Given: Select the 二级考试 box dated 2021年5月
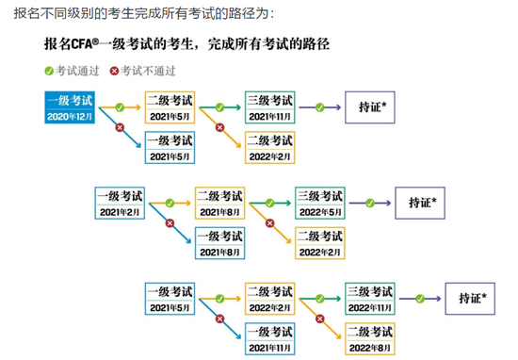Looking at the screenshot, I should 170,107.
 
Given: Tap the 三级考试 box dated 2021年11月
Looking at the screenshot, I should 271,107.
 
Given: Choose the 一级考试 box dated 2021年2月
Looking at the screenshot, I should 120,203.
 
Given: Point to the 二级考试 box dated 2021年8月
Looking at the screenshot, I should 220,203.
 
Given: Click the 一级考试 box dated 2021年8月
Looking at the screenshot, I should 220,243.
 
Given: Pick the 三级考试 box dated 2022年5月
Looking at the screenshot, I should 321,203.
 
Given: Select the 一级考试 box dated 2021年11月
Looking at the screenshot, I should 269,337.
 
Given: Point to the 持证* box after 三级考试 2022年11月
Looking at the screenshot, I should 472,298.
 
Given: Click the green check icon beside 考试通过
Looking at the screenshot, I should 49,71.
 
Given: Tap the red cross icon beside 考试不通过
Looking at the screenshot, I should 115,71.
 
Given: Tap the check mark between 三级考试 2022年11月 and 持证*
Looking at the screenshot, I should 421,297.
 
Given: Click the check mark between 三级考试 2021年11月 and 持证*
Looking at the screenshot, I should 321,106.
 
